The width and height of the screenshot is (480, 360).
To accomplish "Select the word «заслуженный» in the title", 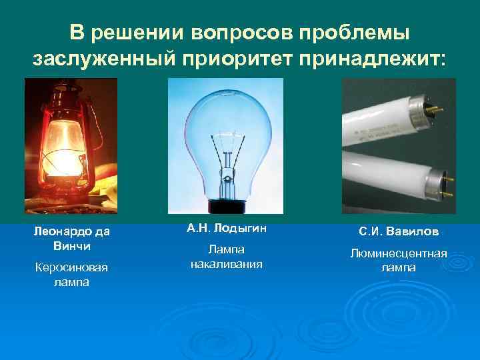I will pos(103,59).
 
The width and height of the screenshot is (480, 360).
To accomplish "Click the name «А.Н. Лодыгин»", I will pos(226,228).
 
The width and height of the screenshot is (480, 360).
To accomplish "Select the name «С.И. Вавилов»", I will pos(399,232).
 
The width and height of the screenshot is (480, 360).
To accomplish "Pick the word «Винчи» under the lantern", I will pos(71,245).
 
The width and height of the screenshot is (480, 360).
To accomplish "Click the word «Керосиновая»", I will pos(71,268).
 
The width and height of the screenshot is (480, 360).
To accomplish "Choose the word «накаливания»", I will pos(226,264).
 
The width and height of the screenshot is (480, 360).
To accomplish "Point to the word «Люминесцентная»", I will pos(399,254).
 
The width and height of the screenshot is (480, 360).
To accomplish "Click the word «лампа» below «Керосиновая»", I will pos(71,282).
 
